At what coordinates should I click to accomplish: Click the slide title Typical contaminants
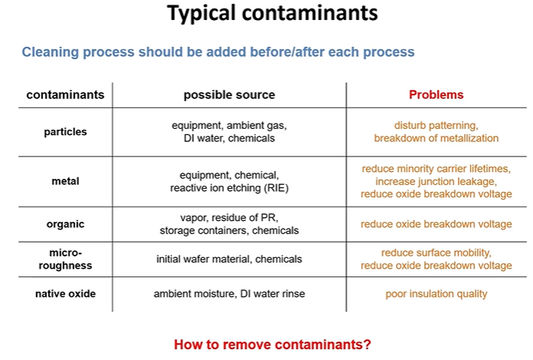[272, 14]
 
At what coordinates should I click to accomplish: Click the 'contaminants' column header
[65, 95]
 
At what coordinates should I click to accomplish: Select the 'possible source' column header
[229, 95]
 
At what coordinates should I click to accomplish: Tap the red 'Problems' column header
[436, 95]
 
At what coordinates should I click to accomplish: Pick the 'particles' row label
[65, 132]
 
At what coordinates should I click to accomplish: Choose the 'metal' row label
[65, 181]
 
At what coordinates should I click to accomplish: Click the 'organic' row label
[65, 224]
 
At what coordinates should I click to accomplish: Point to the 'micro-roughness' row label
[65, 259]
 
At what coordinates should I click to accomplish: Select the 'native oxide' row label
[65, 294]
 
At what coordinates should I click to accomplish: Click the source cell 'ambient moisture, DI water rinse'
[229, 294]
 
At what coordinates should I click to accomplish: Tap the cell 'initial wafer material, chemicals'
[229, 259]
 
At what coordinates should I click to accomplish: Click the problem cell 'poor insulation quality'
[436, 294]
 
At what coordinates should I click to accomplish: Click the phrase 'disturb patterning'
[436, 125]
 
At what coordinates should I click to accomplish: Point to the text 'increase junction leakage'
[436, 181]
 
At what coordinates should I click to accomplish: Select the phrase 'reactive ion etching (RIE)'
[229, 188]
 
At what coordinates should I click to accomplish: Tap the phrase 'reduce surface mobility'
[436, 253]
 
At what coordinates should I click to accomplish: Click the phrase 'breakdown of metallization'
[436, 139]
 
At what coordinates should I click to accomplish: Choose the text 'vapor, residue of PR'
[229, 217]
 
